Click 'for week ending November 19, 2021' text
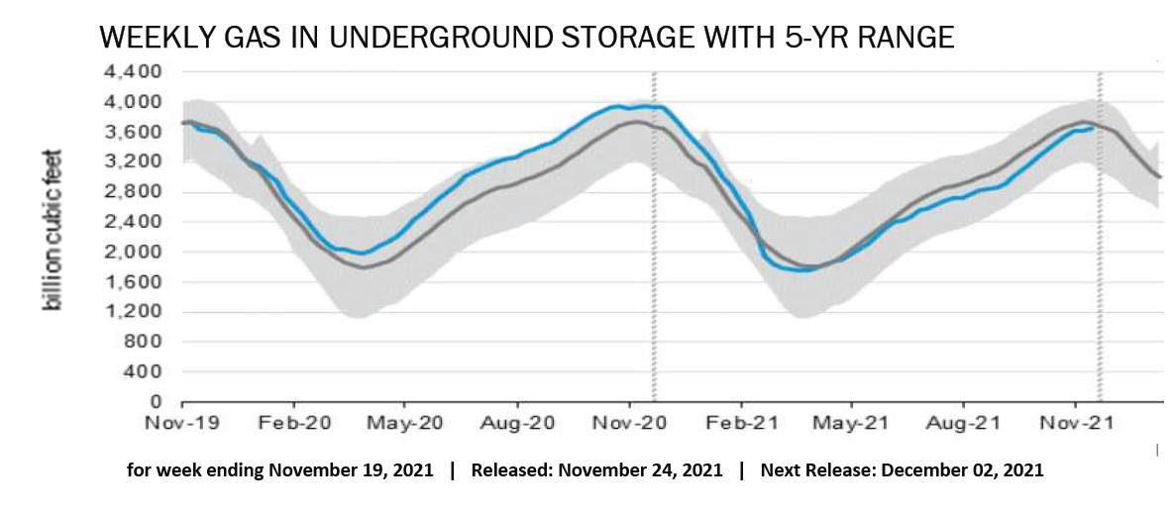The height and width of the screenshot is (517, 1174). coord(280,470)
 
